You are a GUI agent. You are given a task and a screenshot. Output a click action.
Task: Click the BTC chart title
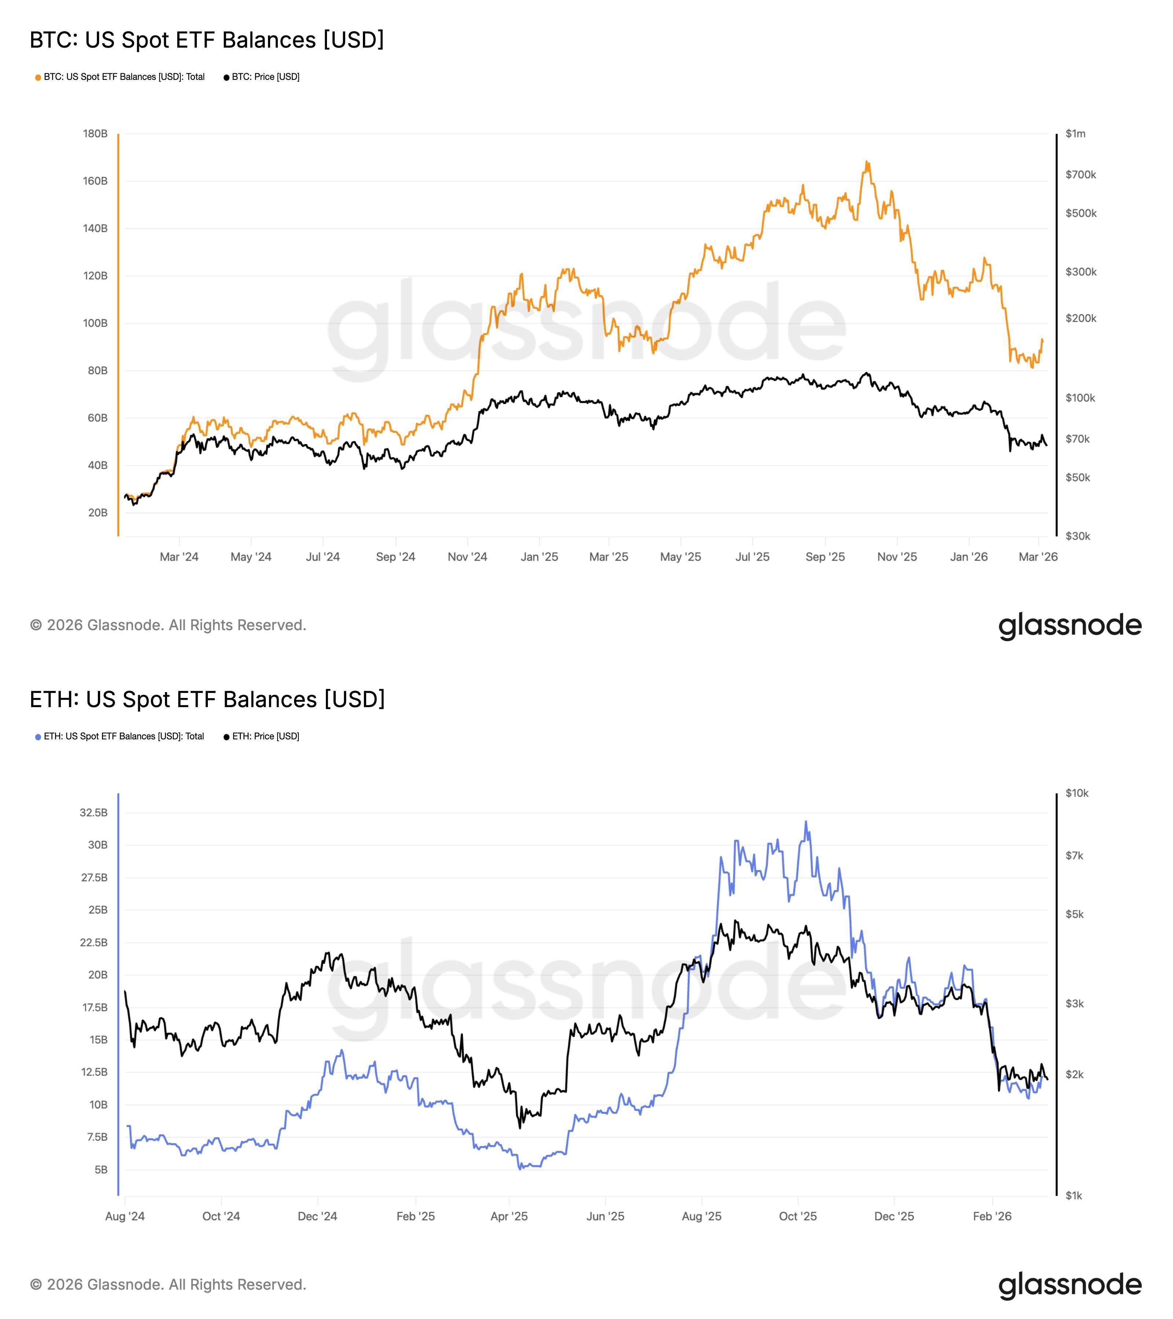pyautogui.click(x=207, y=40)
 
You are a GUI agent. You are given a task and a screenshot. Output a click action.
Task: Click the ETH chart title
pyautogui.click(x=207, y=699)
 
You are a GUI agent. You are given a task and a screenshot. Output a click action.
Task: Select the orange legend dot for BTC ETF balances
pyautogui.click(x=38, y=77)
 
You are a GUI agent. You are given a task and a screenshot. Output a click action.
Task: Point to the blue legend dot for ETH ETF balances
pyautogui.click(x=38, y=737)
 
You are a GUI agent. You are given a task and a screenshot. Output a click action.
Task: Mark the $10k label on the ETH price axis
pyautogui.click(x=1077, y=793)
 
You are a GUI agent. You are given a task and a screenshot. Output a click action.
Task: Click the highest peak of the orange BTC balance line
pyautogui.click(x=867, y=162)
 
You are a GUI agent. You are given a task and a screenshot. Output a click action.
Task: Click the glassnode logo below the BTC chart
pyautogui.click(x=1070, y=625)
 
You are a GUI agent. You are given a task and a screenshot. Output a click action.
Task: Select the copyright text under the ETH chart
pyautogui.click(x=168, y=1285)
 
